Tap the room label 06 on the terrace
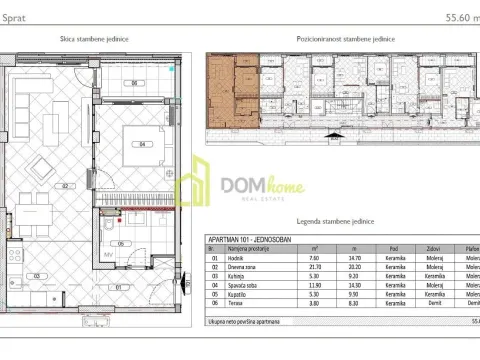[135, 82]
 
